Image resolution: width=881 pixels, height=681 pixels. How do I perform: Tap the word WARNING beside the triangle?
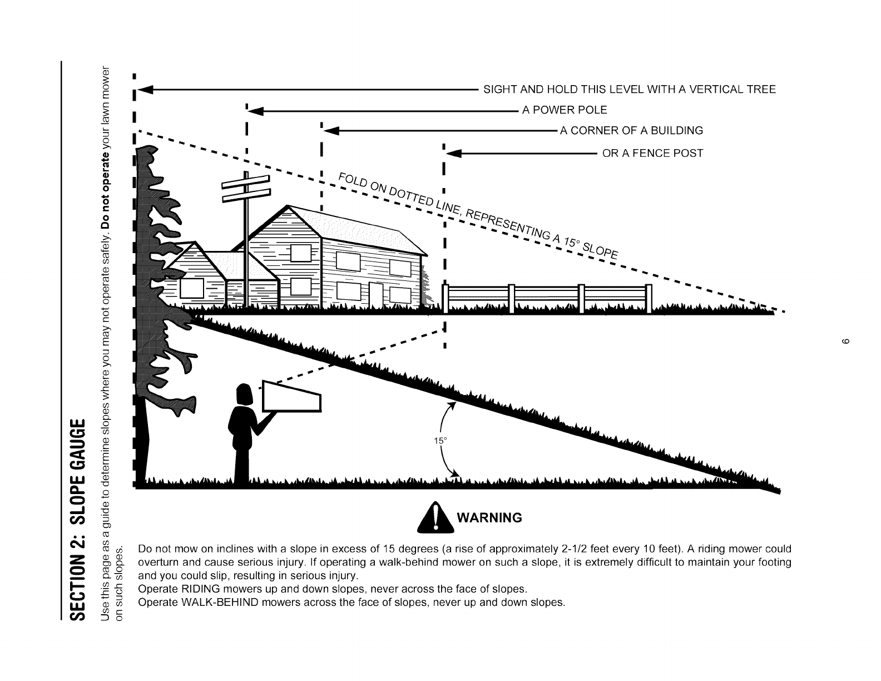point(489,518)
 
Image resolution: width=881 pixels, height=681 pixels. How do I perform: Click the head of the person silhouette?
point(245,395)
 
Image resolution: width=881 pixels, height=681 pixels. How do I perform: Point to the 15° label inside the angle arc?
point(441,441)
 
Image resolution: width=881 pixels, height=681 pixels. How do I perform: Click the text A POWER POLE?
point(564,110)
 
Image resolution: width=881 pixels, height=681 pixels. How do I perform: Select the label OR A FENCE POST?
point(653,153)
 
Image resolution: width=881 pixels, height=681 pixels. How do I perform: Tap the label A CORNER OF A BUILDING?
point(631,131)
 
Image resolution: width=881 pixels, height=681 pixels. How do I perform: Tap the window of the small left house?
point(190,288)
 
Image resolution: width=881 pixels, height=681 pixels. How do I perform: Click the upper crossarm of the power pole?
point(245,182)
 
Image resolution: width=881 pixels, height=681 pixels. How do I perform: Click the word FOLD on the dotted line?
point(350,181)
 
